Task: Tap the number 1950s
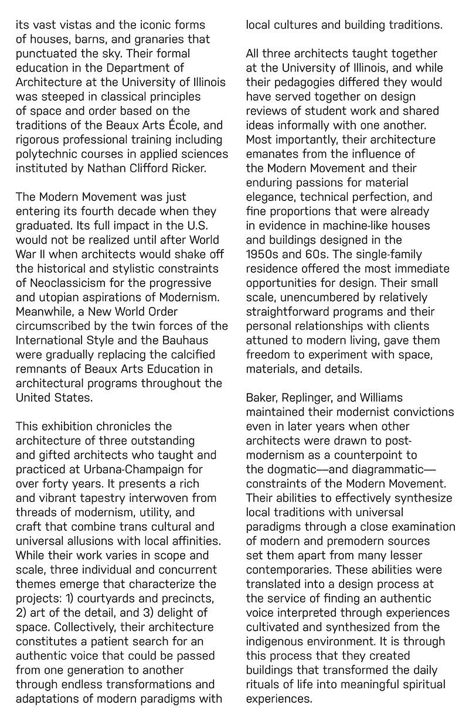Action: [263, 254]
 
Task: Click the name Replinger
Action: [319, 398]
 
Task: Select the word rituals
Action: [261, 684]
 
